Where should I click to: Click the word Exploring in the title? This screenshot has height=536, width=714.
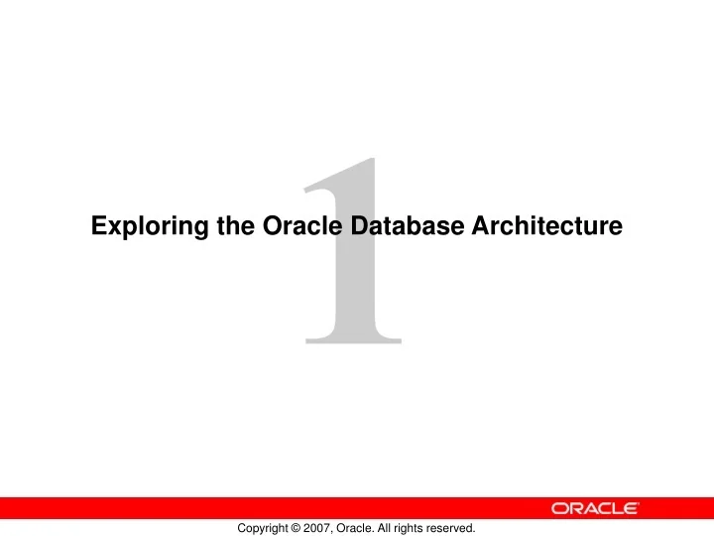[137, 227]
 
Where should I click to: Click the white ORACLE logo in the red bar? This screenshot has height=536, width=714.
[594, 508]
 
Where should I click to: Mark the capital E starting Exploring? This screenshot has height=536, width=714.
[98, 227]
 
